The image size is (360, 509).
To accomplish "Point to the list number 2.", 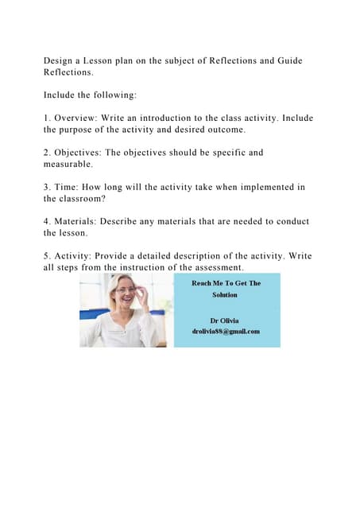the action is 47,152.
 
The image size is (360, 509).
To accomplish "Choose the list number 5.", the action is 47,255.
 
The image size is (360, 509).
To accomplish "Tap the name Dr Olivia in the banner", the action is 225,320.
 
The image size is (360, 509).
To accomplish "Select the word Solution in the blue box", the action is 225,294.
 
